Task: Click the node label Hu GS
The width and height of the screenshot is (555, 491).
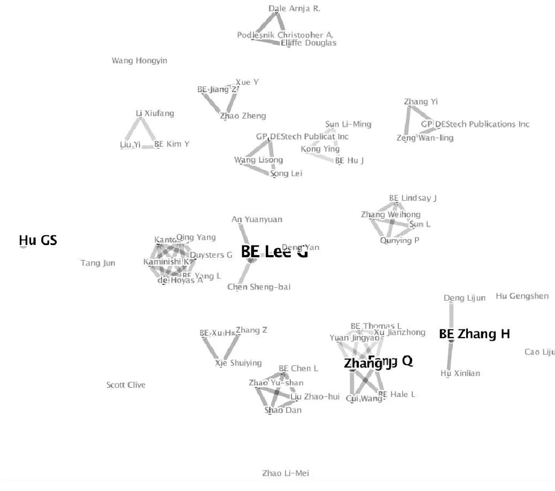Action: tap(38, 241)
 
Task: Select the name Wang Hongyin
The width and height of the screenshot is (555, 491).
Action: tap(139, 61)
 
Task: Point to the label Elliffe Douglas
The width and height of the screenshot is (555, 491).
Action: tap(309, 43)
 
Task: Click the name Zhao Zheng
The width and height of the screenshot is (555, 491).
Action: tap(243, 116)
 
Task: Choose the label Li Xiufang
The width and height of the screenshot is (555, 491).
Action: tap(155, 113)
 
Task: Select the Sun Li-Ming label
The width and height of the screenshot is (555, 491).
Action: tap(348, 124)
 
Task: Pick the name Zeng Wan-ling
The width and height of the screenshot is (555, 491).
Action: tap(425, 138)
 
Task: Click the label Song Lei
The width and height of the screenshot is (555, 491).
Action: tap(286, 174)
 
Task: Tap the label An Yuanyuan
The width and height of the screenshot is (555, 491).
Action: tap(257, 219)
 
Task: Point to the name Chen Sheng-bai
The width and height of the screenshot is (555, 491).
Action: tap(259, 287)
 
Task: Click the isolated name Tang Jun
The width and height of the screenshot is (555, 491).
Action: tap(98, 263)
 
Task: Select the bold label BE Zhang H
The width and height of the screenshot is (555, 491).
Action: tap(474, 334)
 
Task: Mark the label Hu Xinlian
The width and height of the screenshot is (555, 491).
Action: tap(460, 373)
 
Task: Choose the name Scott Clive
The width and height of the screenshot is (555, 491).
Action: tap(126, 385)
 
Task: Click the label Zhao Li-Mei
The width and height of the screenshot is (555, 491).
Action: tap(286, 473)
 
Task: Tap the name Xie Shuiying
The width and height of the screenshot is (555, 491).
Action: tap(238, 363)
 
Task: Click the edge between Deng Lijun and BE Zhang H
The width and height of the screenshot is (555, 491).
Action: tap(451, 316)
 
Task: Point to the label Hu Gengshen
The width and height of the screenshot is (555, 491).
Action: tap(522, 296)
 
